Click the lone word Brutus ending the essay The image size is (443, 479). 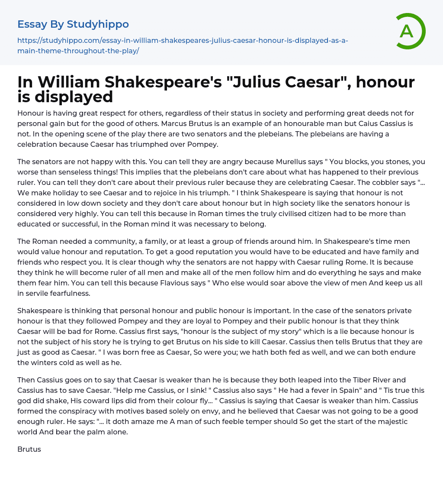click(29, 449)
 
